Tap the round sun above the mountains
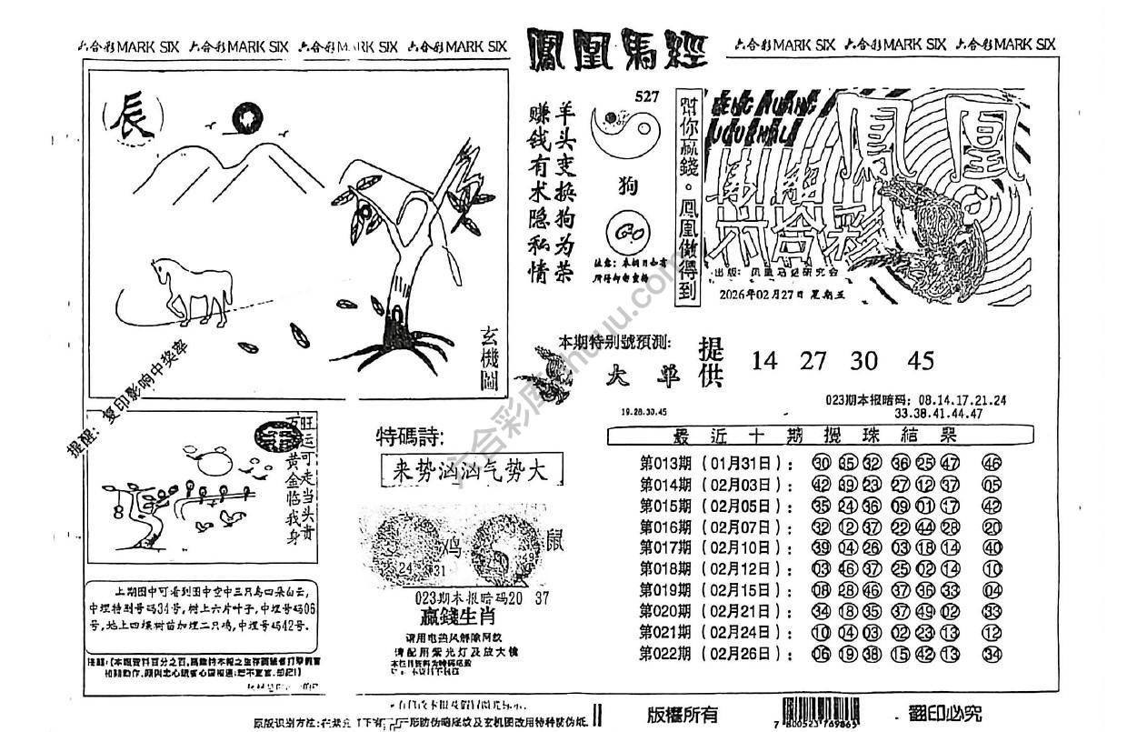click(246, 117)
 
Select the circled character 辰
click(133, 122)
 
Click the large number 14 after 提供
click(765, 361)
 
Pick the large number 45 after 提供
click(920, 361)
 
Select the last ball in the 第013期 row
click(992, 462)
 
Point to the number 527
click(646, 97)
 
